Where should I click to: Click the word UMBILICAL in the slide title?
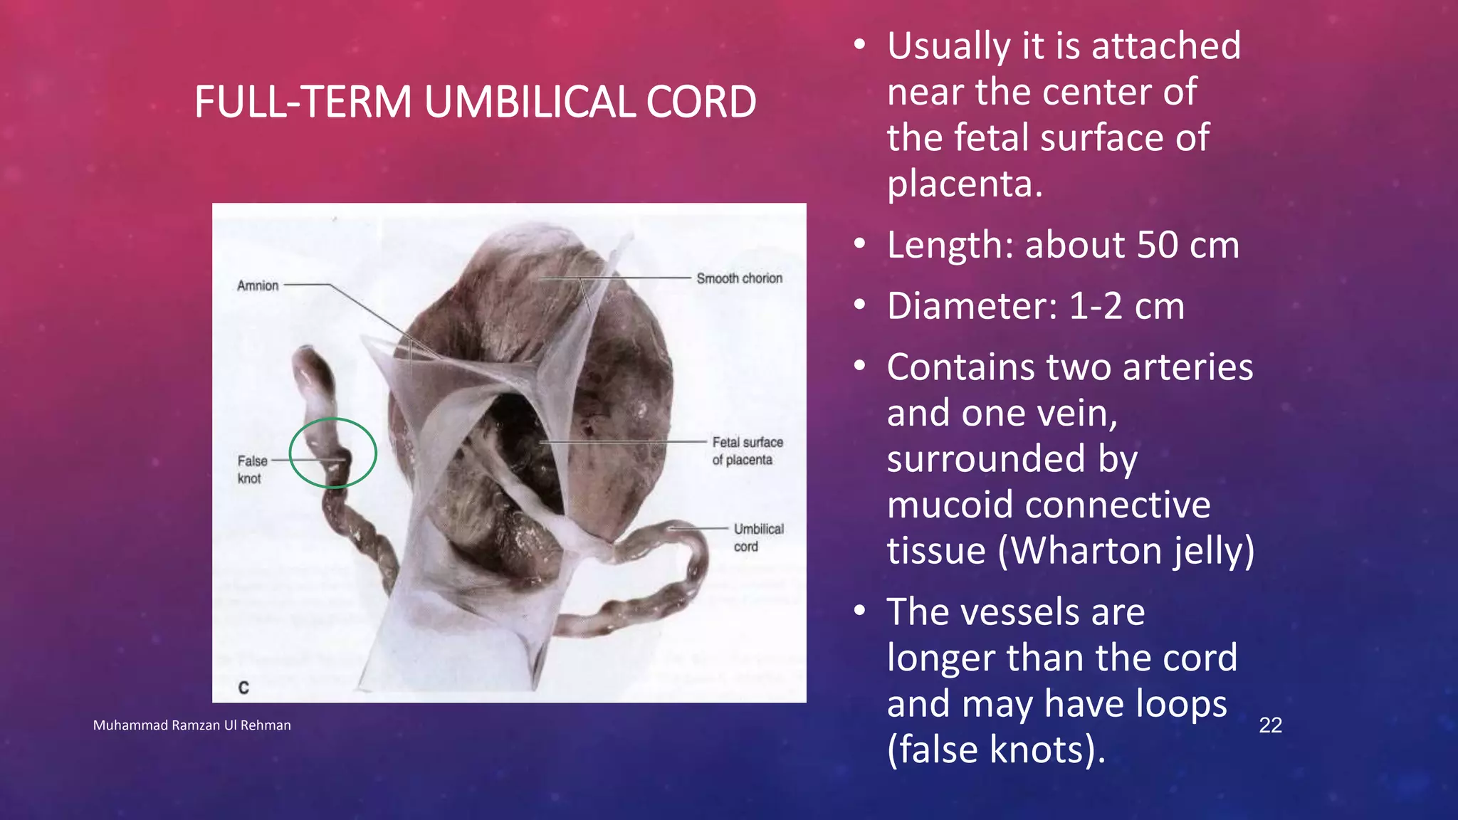529,102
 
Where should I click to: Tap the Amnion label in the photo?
258,285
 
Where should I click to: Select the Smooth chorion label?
739,278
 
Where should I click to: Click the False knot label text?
252,469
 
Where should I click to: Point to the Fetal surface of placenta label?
747,451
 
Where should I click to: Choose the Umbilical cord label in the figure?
758,537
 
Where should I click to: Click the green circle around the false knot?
333,419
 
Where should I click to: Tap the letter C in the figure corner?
243,688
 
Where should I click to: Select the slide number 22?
1270,725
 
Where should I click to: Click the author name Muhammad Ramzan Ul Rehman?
192,725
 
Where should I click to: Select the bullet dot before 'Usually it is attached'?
860,46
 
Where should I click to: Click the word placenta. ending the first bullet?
964,184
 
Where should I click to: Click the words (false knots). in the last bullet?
996,750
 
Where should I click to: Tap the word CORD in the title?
701,102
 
